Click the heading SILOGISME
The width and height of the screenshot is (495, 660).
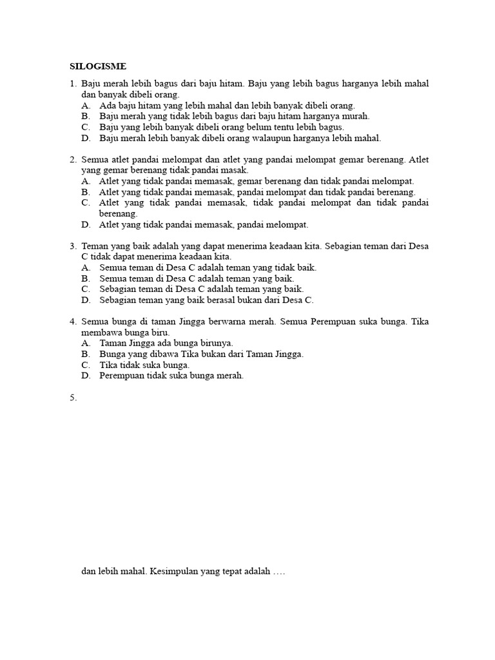click(98, 66)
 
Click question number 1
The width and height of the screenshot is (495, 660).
click(73, 84)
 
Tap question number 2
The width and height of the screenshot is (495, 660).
click(73, 159)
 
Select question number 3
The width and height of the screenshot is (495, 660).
click(73, 246)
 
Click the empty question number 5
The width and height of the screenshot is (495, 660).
click(73, 398)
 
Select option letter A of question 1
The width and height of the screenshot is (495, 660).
click(86, 106)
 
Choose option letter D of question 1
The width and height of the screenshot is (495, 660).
click(86, 138)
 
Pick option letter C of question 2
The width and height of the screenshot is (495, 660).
click(86, 203)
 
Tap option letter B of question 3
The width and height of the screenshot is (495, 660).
click(86, 278)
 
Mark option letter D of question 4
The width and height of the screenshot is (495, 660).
click(86, 376)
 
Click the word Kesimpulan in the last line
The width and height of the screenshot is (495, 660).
click(175, 572)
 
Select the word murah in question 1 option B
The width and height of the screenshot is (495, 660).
click(356, 117)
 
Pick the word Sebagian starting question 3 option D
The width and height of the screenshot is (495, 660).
click(117, 300)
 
